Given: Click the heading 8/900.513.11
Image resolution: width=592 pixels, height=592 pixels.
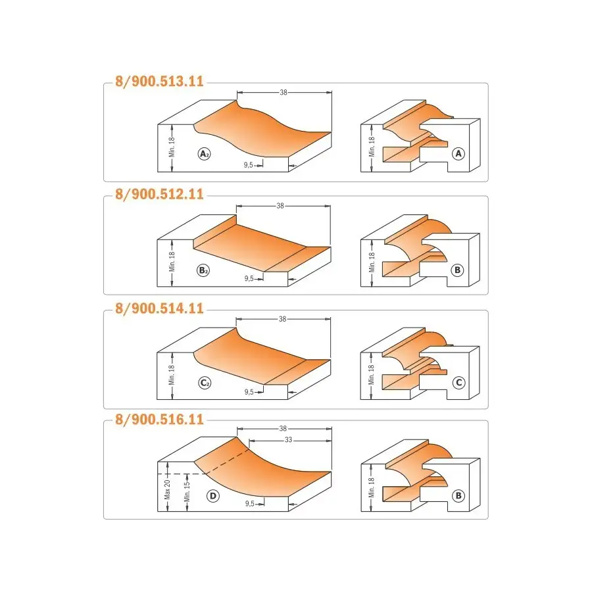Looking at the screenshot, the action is (159, 82).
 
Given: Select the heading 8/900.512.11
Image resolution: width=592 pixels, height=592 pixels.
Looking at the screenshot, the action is (159, 195).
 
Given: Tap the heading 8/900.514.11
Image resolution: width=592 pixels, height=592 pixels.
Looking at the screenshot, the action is (159, 308).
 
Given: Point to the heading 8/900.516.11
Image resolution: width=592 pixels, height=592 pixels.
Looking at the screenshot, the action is (159, 420).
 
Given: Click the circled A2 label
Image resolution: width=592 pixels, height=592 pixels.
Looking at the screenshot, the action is (205, 154).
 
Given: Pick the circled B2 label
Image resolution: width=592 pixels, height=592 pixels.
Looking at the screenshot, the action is (203, 270).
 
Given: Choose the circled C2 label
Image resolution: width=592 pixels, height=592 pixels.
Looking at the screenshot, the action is (205, 383).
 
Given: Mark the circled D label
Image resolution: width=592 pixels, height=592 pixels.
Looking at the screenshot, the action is (213, 496).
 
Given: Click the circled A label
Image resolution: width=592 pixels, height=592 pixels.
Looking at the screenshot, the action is (458, 154).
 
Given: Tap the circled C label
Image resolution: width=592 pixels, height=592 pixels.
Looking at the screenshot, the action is (458, 382).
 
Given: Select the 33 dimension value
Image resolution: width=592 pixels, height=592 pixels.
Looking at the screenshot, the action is (289, 440).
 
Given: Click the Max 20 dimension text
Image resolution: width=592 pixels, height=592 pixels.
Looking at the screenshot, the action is (167, 489).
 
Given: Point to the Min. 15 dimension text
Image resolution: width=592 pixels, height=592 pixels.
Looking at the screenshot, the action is (187, 491).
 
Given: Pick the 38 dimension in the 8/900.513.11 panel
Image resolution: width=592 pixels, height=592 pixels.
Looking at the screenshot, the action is (284, 93).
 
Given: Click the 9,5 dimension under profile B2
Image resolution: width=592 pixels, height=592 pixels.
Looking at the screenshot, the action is (249, 279).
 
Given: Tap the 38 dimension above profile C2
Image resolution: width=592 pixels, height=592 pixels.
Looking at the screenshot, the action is (282, 319).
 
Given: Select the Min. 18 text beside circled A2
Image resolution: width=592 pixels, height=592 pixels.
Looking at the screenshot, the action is (172, 147).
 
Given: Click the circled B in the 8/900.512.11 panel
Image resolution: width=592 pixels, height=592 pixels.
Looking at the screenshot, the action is (457, 270).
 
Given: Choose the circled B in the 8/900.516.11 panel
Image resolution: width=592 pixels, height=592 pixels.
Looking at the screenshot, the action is (458, 496).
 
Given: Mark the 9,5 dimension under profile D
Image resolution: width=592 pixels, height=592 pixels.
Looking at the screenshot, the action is (250, 504).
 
